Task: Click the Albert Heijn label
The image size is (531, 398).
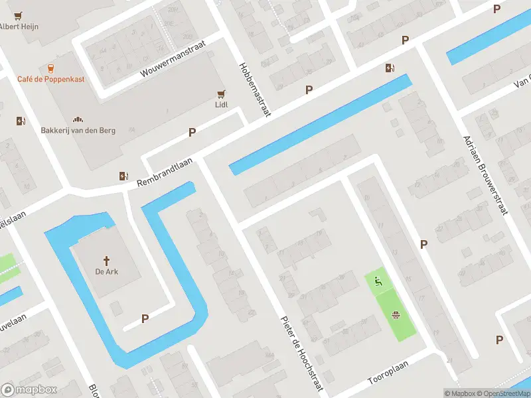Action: point(19,27)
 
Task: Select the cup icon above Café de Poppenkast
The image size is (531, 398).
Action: point(50,68)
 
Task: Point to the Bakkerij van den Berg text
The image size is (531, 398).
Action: point(78,130)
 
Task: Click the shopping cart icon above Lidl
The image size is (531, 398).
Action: point(221,94)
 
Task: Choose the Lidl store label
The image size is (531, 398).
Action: point(221,105)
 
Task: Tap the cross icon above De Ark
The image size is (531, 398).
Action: point(106,261)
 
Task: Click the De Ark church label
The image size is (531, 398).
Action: point(106,271)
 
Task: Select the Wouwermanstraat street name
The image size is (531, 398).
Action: point(173,58)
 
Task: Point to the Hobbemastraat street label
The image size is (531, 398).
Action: point(255,90)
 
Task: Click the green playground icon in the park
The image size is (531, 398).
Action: point(378,282)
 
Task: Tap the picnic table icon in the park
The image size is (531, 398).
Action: point(396,315)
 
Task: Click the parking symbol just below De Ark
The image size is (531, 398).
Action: point(145,319)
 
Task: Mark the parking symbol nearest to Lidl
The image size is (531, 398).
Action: point(192,132)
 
